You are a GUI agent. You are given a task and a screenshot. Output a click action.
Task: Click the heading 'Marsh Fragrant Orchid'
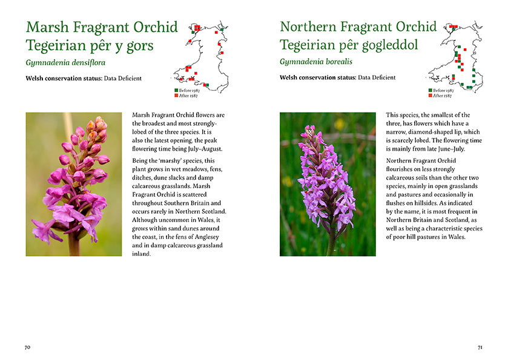click(x=102, y=28)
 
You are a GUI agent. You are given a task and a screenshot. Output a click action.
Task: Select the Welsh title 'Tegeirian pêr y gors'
click(x=90, y=45)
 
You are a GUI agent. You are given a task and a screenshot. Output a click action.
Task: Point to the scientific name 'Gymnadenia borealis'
click(x=315, y=62)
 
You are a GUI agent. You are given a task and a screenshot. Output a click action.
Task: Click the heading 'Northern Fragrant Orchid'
click(x=358, y=28)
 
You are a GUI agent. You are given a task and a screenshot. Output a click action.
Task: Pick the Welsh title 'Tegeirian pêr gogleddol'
click(x=348, y=45)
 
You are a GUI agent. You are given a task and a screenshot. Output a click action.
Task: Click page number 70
click(x=27, y=347)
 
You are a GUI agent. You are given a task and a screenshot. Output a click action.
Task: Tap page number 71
click(x=480, y=347)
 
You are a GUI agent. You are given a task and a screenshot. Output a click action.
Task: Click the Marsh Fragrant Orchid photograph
click(x=74, y=184)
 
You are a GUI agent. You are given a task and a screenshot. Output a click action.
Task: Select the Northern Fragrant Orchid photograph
click(x=328, y=184)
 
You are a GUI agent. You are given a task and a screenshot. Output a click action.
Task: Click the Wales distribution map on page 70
click(x=202, y=54)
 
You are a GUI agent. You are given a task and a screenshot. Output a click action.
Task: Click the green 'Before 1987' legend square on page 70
click(x=176, y=90)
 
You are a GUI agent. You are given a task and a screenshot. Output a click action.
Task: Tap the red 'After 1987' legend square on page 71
click(x=430, y=96)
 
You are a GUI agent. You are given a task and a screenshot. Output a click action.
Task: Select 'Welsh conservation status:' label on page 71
click(x=317, y=78)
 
